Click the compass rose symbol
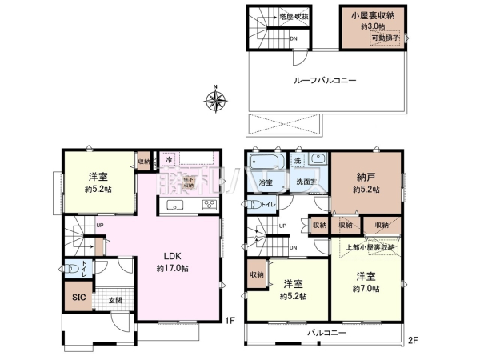click(215, 100)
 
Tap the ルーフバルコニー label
click(318, 80)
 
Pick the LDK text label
click(175, 256)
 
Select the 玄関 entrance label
click(115, 300)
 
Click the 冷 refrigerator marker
click(169, 158)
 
